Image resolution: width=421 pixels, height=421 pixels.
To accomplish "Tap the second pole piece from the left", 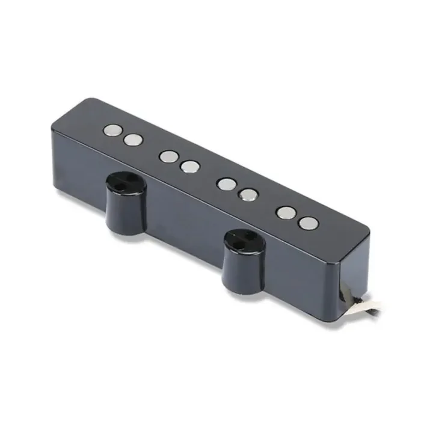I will pos(134,140).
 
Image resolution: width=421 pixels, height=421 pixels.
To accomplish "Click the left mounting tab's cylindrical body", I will pos(125,207).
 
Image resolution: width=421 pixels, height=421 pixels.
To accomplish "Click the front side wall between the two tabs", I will pos(180,217).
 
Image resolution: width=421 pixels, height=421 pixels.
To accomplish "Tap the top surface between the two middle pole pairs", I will pos(208,174).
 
